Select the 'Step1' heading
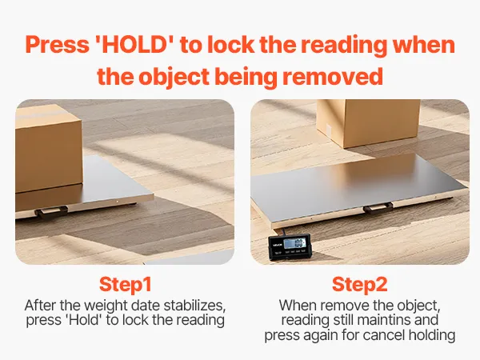[x=126, y=284]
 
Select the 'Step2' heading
[x=360, y=284]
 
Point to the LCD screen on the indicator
[x=294, y=244]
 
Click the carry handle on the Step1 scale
[x=51, y=211]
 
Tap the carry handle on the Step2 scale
[x=378, y=208]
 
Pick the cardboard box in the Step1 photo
[x=48, y=149]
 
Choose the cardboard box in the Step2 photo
[x=369, y=122]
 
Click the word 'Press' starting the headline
[x=58, y=45]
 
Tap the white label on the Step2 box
[x=329, y=130]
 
